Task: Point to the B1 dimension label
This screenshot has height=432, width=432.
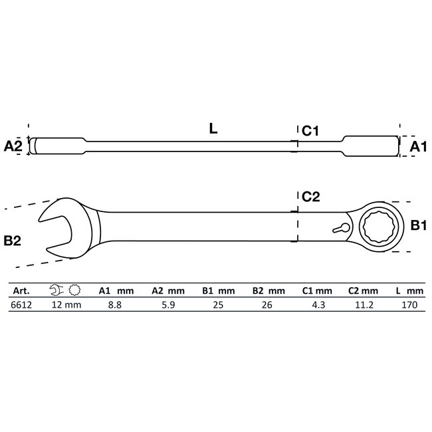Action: click(417, 227)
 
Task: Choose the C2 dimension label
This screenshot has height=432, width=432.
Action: click(311, 196)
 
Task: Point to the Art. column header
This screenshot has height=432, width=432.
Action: click(21, 290)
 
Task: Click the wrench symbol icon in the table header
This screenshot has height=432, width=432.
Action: click(57, 290)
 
